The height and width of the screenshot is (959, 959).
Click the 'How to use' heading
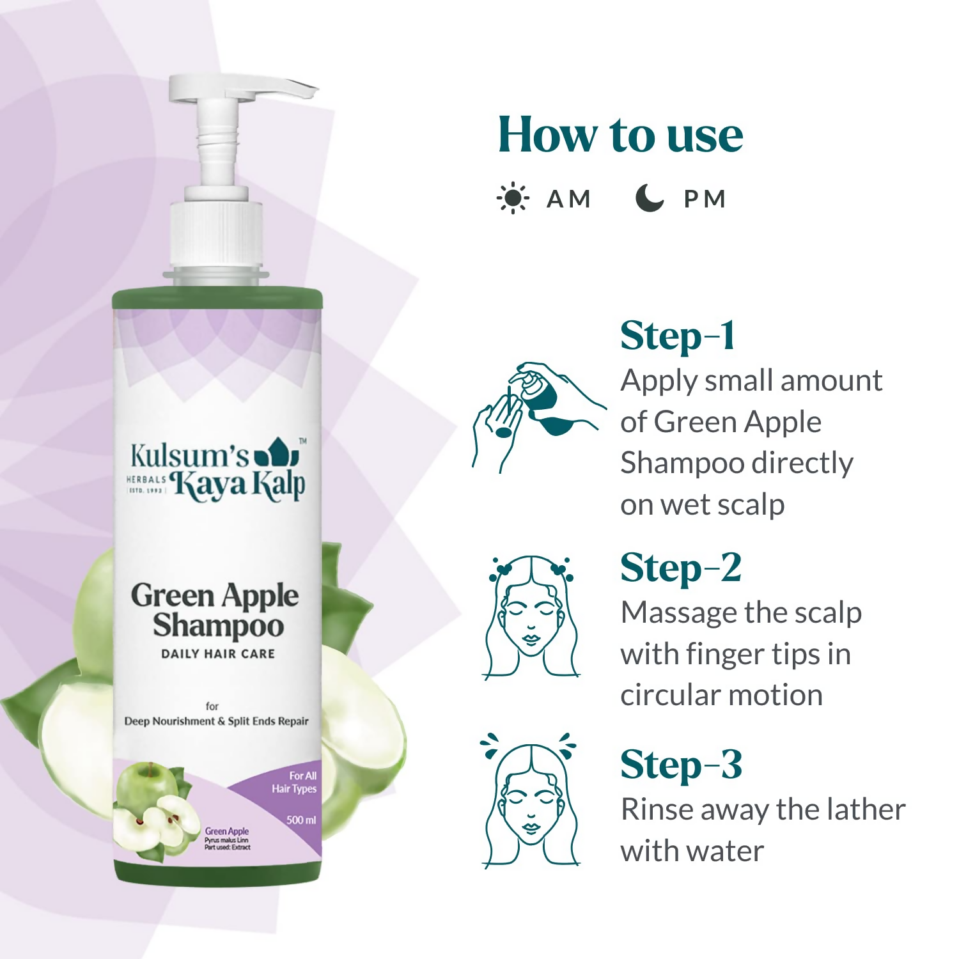click(620, 135)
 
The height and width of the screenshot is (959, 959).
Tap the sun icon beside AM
click(512, 198)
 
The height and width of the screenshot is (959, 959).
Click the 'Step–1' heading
click(678, 336)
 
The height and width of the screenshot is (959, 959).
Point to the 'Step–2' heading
click(681, 568)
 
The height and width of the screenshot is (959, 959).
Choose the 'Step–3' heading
click(681, 765)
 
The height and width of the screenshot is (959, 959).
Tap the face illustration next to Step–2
click(531, 618)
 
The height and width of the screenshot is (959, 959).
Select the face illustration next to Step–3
click(530, 802)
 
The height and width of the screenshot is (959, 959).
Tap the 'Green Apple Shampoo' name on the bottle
click(215, 611)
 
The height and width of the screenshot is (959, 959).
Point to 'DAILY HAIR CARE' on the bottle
click(217, 653)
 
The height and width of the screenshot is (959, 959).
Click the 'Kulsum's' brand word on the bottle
click(189, 456)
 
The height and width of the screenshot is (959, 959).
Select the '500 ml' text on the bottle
click(301, 820)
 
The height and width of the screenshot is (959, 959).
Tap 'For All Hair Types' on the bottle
click(295, 782)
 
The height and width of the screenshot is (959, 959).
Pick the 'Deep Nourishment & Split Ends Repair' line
click(216, 721)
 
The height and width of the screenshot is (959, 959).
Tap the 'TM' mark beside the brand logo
click(303, 441)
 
